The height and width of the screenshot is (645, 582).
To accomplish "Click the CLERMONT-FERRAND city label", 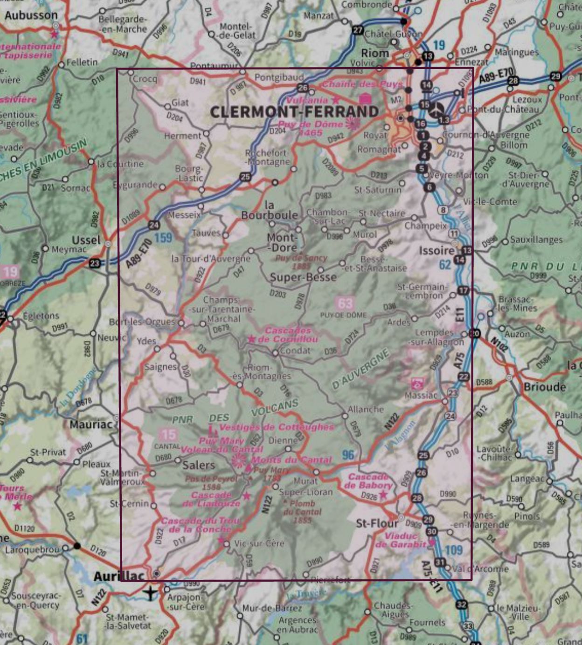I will coord(294,112).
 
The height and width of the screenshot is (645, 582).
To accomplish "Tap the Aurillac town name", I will coord(119,576).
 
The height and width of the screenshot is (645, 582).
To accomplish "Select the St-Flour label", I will coord(377,523).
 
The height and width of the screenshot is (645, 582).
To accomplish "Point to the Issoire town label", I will coord(436,251).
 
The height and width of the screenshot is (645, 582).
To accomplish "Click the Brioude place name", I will coord(544,387).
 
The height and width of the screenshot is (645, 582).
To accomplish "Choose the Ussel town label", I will coord(86,240).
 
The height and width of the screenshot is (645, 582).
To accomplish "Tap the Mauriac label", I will coord(91,425).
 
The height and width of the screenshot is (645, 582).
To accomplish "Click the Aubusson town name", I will coord(31,15).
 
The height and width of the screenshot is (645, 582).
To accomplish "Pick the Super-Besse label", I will coord(303,277).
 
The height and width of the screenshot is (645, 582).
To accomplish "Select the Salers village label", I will coord(199,465).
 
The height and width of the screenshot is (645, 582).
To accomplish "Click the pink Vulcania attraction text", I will coord(307,100).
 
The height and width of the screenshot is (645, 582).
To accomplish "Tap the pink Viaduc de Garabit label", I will coord(400,540).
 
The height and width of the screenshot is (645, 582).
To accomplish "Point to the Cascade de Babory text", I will coord(368,481).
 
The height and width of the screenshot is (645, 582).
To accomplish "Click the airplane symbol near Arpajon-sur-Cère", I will coord(150,593).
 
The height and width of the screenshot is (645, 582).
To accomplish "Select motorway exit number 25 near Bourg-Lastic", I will coord(245,177).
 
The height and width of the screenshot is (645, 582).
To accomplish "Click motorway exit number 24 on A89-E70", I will coord(154,225).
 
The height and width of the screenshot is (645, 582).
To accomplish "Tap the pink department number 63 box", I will coord(345,303).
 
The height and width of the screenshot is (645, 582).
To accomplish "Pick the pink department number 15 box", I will coord(168,435).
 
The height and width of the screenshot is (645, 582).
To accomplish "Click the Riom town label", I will coord(375,53).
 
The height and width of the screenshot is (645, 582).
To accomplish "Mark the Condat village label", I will coord(295,350).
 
